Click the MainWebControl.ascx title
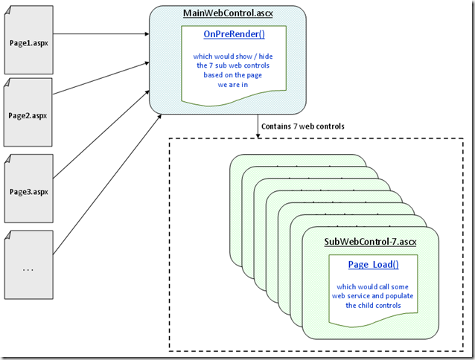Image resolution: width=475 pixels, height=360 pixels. (x=226, y=14)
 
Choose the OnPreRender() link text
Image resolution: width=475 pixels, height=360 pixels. (x=226, y=34)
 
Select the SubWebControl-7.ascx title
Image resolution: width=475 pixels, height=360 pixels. (x=370, y=242)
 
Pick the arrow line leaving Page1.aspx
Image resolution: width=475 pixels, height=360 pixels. (x=101, y=33)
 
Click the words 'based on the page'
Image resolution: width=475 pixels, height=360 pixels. (x=226, y=75)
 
